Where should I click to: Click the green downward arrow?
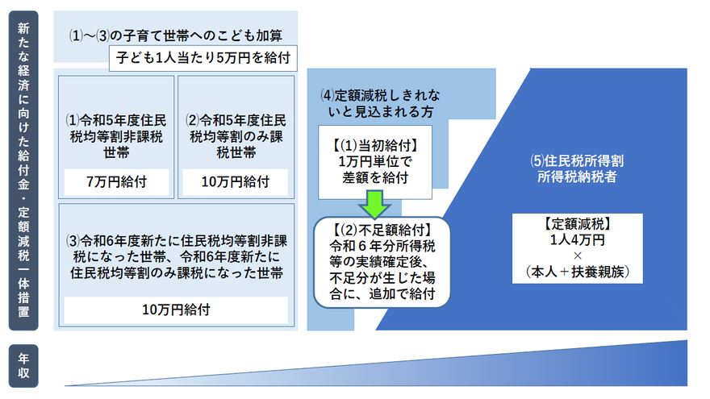374,204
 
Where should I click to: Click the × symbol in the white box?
577,256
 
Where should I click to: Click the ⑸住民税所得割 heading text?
577,159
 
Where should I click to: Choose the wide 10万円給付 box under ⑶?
175,309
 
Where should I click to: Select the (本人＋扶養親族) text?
577,272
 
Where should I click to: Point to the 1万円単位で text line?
374,161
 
